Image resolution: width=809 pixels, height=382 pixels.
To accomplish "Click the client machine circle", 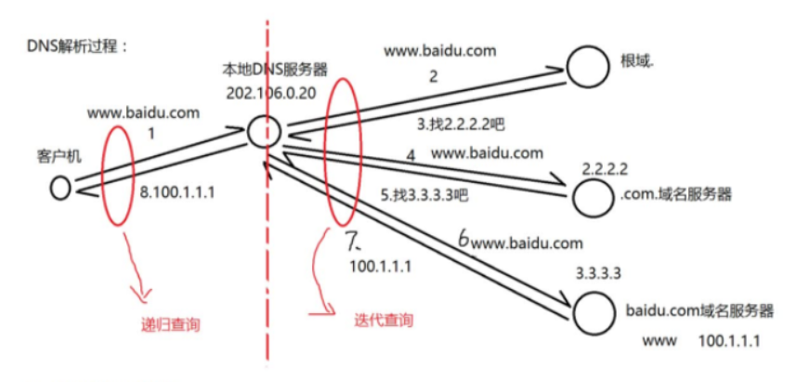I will click(x=60, y=188).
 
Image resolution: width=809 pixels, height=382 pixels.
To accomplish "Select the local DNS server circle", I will click(x=264, y=131).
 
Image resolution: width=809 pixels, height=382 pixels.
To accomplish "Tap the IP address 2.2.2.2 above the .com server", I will click(x=606, y=170).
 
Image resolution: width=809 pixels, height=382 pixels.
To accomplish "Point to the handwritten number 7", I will click(x=353, y=244).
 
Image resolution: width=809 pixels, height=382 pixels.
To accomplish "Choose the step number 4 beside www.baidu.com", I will click(x=411, y=153).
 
